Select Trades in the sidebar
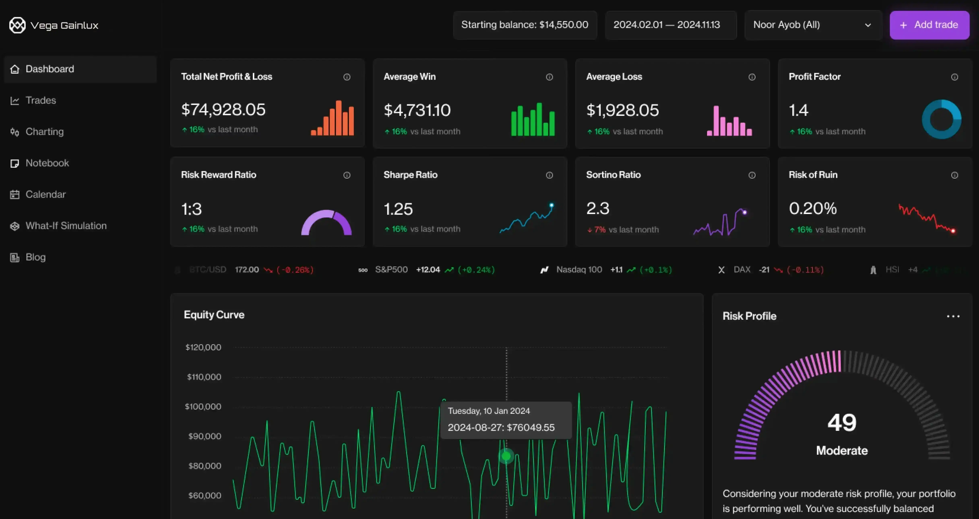tap(41, 100)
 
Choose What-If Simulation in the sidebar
tap(66, 226)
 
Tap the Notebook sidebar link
tap(47, 163)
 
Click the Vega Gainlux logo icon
tap(17, 25)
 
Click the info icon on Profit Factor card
tap(954, 77)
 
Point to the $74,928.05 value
tap(223, 110)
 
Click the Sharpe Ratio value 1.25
tap(398, 209)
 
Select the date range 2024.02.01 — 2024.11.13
tap(667, 25)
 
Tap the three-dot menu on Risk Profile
tap(953, 316)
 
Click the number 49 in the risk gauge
tap(842, 422)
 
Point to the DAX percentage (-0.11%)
tap(805, 270)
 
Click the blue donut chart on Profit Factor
tap(941, 119)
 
